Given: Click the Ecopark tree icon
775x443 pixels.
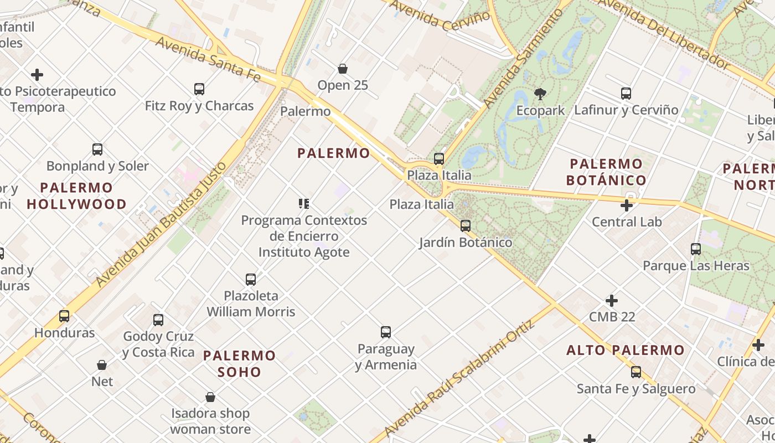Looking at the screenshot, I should tap(540, 94).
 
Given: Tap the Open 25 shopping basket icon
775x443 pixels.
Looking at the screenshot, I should tap(343, 69).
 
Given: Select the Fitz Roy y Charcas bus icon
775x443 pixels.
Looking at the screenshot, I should tap(199, 89).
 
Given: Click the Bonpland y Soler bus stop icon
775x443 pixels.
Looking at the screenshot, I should tap(97, 150).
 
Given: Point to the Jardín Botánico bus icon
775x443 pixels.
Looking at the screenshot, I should tap(466, 226).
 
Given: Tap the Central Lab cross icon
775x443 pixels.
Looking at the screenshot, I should tap(627, 206).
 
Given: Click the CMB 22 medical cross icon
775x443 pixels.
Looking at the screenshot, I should tap(612, 301).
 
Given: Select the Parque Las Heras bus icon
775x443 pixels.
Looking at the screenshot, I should tap(696, 249).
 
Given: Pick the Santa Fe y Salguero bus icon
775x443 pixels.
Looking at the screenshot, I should tap(636, 372).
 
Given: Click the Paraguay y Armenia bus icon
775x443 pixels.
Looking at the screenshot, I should tap(386, 332).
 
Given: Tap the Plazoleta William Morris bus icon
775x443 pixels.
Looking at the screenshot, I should tap(251, 280).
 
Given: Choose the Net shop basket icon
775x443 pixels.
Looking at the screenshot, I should tap(102, 365).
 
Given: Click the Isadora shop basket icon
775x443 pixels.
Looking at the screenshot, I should tap(210, 397).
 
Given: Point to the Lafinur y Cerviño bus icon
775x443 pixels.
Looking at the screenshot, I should tap(626, 94).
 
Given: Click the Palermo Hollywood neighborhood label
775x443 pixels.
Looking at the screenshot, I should tap(77, 196).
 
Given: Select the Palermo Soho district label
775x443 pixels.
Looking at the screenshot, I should tap(239, 363).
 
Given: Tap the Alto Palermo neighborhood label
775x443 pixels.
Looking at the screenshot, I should tap(626, 350).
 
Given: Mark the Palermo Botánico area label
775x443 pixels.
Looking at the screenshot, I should tap(607, 172).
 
